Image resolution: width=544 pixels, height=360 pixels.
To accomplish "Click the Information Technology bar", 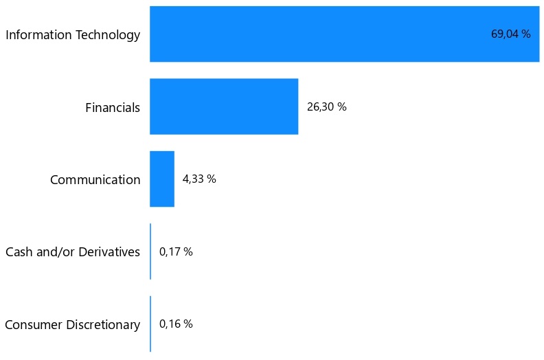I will coord(343,34).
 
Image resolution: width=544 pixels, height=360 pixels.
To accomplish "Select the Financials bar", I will coord(224,106).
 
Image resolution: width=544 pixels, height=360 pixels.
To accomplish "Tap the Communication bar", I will coord(162,179).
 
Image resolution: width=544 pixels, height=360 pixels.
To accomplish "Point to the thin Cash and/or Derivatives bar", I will coord(150,251).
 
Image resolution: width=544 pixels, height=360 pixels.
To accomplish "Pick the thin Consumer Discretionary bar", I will coord(150,324).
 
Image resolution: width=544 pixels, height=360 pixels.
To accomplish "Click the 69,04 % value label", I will coord(510,34).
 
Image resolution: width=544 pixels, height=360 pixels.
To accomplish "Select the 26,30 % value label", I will coord(326,106).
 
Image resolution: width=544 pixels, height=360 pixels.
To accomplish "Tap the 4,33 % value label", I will coord(199,179).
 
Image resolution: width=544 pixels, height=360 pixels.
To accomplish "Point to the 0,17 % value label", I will coord(176,251).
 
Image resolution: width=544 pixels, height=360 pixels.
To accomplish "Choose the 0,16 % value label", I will coord(176,324).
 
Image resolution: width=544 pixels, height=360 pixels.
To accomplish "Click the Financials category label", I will coord(113,107).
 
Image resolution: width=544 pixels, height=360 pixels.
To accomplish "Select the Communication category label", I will coord(95,180).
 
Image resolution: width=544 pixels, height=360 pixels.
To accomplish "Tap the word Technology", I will coord(106,35).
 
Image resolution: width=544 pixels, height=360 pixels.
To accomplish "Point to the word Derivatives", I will coord(110,252).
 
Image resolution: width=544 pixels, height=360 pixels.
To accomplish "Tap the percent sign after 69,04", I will coord(526,34).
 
